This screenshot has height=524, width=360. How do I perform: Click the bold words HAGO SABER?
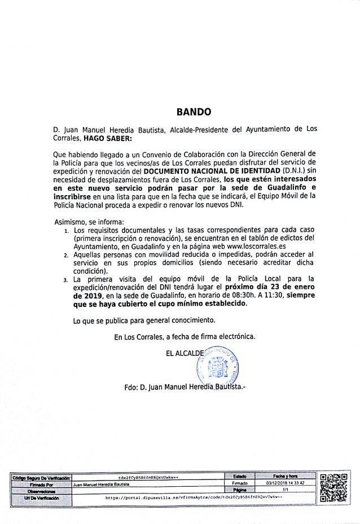tap(107, 138)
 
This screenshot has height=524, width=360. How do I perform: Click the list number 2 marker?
tap(65, 256)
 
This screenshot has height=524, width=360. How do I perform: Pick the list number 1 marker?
tap(65, 231)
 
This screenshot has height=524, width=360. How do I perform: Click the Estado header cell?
tap(239, 477)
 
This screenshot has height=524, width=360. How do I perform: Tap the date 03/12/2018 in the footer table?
tap(281, 484)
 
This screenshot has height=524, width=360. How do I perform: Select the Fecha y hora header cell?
tap(284, 477)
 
